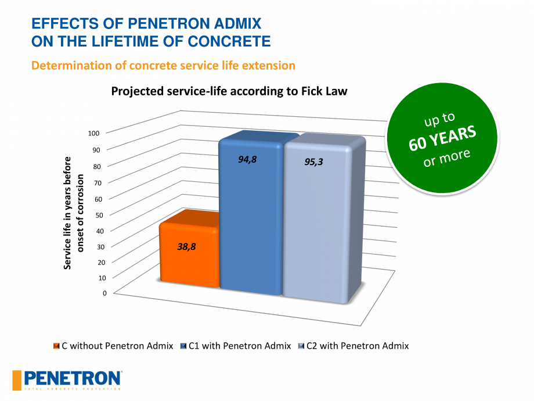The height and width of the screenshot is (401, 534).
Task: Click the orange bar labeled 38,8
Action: tap(189, 256)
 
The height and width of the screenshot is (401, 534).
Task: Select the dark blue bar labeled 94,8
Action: tap(250, 221)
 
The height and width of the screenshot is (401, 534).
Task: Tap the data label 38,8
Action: tap(186, 246)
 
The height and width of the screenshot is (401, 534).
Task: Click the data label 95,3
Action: tap(314, 162)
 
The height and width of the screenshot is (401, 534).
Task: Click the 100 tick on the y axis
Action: tap(94, 133)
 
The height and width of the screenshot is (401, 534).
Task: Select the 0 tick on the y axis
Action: tap(104, 293)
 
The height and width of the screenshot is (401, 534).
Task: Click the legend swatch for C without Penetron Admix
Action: tap(56, 346)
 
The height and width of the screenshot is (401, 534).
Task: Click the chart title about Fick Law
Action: tap(229, 91)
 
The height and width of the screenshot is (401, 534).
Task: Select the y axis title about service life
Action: tap(73, 212)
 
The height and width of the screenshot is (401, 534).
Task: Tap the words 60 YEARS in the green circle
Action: tap(442, 138)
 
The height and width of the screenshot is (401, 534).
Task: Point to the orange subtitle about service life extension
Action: tap(163, 65)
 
